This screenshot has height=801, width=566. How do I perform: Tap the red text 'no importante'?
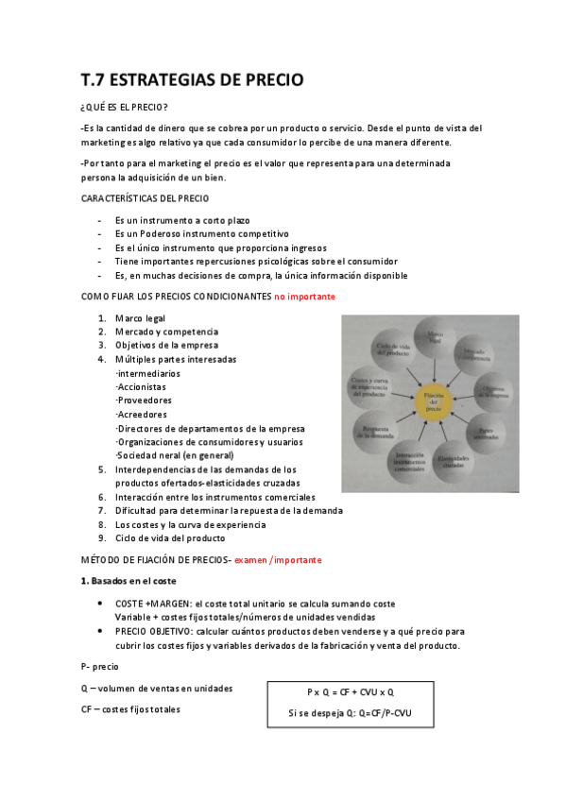tap(304, 297)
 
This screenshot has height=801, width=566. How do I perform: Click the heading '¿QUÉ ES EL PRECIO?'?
tap(125, 108)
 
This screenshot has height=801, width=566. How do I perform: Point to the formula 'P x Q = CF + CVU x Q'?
tap(350, 692)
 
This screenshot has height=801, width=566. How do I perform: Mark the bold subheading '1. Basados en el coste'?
tap(128, 579)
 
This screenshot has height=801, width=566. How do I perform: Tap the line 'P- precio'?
tap(100, 666)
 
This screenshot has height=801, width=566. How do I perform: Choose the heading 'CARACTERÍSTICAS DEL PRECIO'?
tap(146, 198)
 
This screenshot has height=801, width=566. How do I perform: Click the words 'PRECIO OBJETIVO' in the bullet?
tap(153, 631)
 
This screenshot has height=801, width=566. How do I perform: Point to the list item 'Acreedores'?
tap(141, 414)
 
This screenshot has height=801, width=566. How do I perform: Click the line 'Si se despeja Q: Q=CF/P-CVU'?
tap(350, 713)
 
